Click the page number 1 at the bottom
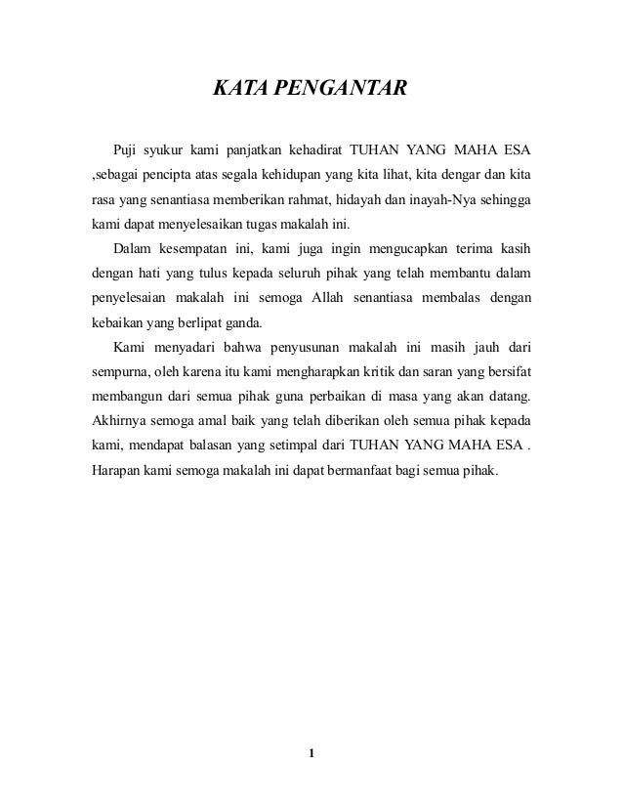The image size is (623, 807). pyautogui.click(x=311, y=752)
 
